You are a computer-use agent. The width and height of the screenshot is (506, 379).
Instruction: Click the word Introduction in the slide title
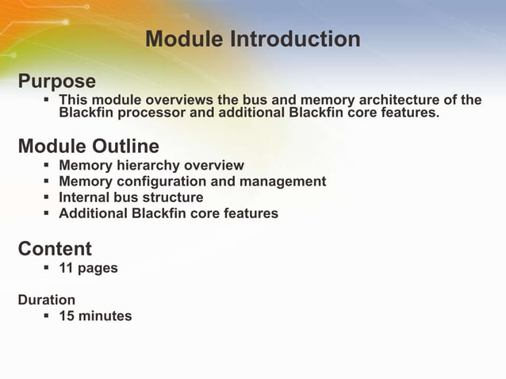(295, 39)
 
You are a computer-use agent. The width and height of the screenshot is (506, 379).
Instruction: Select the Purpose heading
(56, 81)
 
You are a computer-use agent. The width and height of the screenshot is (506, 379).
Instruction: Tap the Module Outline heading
(88, 146)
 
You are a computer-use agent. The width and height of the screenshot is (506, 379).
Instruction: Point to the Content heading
(55, 248)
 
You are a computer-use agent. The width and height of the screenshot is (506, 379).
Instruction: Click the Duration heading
(47, 300)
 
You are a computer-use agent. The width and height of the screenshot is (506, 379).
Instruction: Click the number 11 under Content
(66, 268)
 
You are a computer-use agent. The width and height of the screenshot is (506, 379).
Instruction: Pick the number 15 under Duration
(67, 316)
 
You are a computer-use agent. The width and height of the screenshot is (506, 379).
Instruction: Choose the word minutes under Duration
(105, 316)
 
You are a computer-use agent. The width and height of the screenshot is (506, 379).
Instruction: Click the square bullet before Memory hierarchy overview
(46, 166)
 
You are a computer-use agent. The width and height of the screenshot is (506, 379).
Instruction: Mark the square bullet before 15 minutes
(46, 316)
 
